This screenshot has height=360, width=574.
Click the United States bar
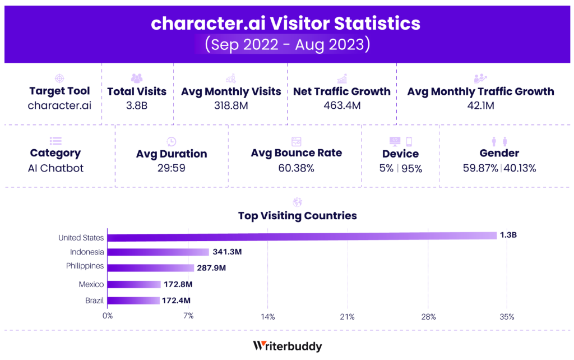[x=302, y=236]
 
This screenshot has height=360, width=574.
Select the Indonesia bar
[x=158, y=252]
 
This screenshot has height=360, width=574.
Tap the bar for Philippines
[x=150, y=267]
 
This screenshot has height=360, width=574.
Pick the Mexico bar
[x=134, y=285]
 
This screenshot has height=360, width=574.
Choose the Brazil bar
[x=133, y=301]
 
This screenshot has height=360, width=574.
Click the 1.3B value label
[x=508, y=235]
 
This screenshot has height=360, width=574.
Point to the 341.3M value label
[x=227, y=252]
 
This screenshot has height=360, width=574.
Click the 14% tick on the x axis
[x=267, y=317]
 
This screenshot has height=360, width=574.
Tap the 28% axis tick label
[x=428, y=317]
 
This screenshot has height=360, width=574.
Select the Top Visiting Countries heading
[x=297, y=216]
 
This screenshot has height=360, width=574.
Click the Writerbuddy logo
[x=287, y=346]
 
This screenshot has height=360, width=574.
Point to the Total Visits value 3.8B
[x=137, y=105]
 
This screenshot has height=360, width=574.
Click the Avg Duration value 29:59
[x=172, y=167]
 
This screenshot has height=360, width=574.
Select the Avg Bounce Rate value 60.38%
[x=296, y=167]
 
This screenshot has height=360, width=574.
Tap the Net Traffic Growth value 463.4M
[x=342, y=105]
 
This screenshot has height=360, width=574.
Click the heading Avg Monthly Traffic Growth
[x=480, y=91]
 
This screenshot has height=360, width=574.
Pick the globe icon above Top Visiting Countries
[x=297, y=202]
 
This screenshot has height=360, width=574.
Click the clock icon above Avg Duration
[x=172, y=141]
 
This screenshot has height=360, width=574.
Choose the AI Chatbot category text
[x=55, y=168]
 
